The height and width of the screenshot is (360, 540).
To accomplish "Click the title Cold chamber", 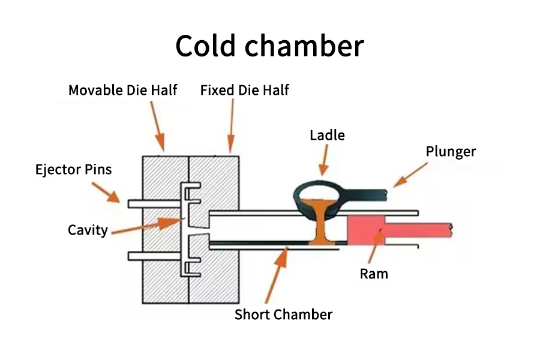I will [269, 46].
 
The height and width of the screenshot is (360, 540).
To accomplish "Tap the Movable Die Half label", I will [122, 91].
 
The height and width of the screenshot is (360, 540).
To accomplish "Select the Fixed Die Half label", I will [244, 91].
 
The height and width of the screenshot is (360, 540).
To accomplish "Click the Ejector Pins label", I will [73, 169].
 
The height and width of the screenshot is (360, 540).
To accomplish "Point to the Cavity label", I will [88, 229].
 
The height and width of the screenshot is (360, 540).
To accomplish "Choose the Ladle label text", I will [327, 135].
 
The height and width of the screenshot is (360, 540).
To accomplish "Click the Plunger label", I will [451, 151].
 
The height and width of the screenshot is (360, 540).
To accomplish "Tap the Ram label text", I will [374, 274].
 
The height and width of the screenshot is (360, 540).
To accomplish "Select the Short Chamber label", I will [283, 314].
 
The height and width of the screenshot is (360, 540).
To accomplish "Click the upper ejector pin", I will [155, 203].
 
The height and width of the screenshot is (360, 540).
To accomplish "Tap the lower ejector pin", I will [155, 256].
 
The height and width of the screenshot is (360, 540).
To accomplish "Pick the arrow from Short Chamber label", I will [277, 277].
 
